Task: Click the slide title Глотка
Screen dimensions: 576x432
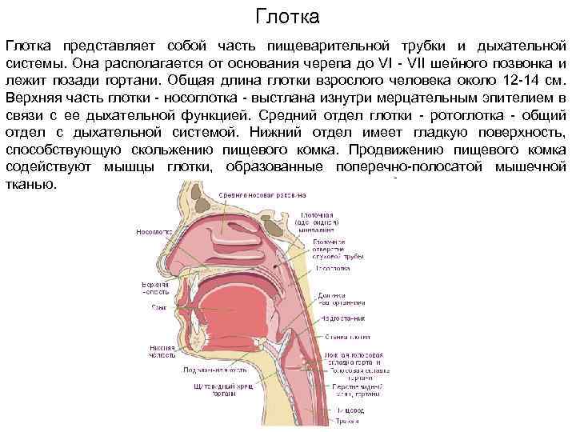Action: tap(287, 15)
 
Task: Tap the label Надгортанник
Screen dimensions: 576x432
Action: tap(339, 318)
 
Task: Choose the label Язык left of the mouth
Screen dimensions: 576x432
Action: tap(158, 307)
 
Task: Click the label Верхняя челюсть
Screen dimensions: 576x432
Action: tap(155, 286)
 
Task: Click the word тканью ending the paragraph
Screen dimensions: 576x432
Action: tap(30, 184)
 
